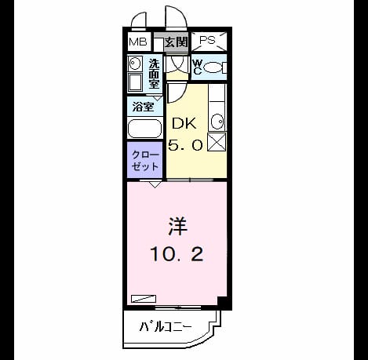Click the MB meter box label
[138, 42]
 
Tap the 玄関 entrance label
[177, 42]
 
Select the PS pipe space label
[207, 40]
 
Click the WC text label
[198, 67]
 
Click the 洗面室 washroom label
[154, 74]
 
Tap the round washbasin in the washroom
[134, 63]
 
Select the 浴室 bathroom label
[143, 107]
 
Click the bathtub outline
[144, 129]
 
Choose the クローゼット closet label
[145, 161]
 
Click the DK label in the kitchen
[184, 123]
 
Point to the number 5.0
[185, 145]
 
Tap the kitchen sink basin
[217, 122]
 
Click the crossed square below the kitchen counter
[217, 142]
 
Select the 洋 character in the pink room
[177, 227]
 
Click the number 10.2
[177, 254]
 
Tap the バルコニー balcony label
[166, 327]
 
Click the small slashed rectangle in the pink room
[144, 299]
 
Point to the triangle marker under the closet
[155, 185]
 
